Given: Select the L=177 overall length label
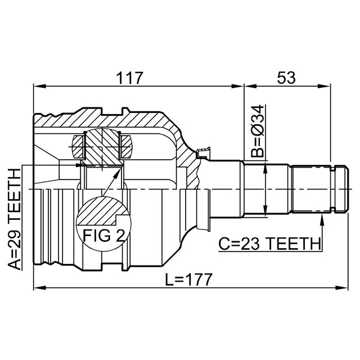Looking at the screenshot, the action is [x=188, y=280].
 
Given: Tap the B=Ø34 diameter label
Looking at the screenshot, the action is [x=258, y=131].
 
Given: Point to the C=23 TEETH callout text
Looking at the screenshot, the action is [x=269, y=244].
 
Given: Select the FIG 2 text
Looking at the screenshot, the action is [x=103, y=236].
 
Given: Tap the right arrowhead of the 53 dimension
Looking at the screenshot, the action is [x=325, y=86].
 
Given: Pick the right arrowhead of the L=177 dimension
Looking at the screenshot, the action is [x=342, y=288].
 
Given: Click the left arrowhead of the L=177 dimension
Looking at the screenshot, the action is [x=40, y=288].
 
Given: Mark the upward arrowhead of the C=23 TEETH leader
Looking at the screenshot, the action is [x=322, y=219].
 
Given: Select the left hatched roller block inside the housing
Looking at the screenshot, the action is [x=78, y=147].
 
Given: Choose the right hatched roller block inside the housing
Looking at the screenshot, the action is [x=127, y=147].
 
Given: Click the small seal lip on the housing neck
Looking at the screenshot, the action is [x=204, y=152].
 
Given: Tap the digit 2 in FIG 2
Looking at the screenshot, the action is [x=120, y=236].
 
